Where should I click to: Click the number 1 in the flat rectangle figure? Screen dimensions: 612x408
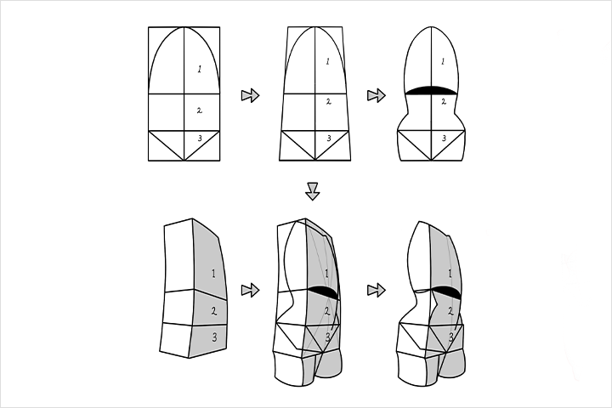click(x=200, y=70)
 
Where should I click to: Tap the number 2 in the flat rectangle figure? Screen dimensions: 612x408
click(x=200, y=110)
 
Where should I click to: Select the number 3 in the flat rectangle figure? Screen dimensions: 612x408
click(x=200, y=138)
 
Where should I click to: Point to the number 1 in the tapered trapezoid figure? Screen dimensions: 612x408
click(x=328, y=61)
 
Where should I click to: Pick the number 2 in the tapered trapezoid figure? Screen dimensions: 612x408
click(x=329, y=102)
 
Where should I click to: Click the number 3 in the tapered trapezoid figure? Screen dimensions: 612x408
click(x=329, y=139)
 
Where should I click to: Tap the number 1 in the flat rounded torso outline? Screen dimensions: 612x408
click(x=443, y=61)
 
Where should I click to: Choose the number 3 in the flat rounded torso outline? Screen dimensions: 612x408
click(x=445, y=139)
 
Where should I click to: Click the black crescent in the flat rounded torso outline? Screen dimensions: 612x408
click(x=431, y=90)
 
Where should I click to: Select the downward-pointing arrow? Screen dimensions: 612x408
click(x=312, y=191)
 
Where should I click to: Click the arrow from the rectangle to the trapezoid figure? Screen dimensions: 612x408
click(x=250, y=95)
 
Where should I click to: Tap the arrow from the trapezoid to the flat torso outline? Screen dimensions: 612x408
click(x=377, y=95)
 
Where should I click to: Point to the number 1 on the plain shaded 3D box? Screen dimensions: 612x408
click(x=213, y=274)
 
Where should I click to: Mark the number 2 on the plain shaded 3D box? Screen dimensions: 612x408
click(x=214, y=311)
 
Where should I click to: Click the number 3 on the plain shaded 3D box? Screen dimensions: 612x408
click(x=215, y=337)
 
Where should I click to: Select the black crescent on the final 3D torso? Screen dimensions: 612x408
click(x=447, y=292)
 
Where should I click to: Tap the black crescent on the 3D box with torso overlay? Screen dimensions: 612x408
click(x=323, y=292)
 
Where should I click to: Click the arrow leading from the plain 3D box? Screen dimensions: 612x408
click(x=250, y=290)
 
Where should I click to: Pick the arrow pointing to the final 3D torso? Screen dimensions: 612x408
click(x=377, y=290)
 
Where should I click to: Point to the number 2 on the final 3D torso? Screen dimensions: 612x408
click(x=450, y=311)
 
